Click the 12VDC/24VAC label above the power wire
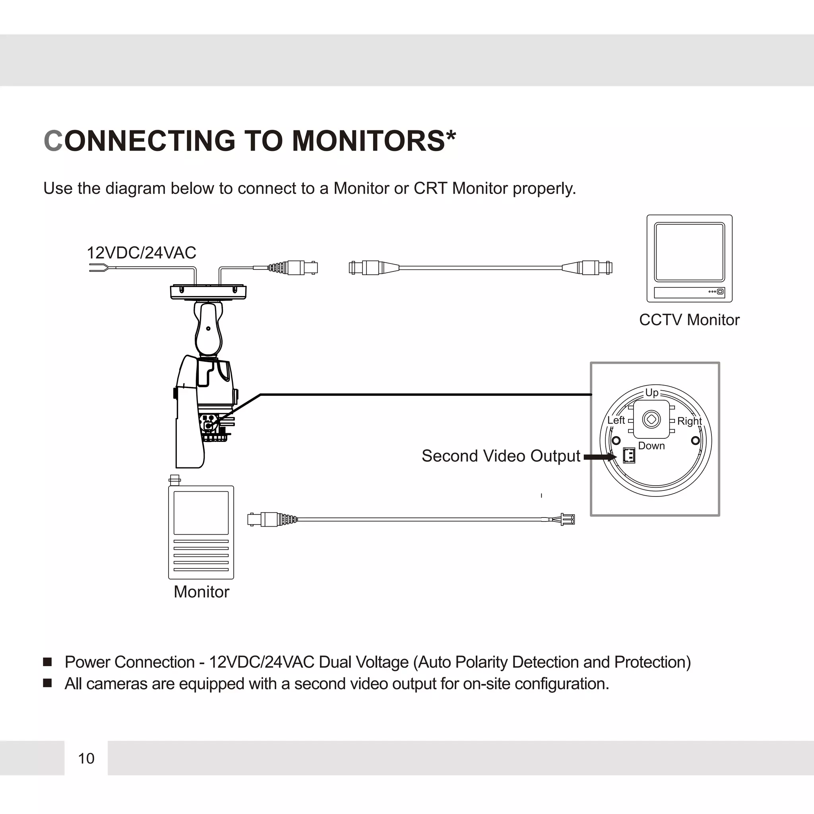141,253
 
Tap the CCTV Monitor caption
689,320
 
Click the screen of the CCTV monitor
689,252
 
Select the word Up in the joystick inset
651,393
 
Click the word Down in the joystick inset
651,446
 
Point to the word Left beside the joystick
616,420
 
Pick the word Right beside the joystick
689,421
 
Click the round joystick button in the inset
651,419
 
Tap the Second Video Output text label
500,456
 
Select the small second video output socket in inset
629,455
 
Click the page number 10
86,758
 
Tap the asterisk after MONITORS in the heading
451,136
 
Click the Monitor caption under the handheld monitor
202,592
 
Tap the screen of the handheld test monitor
201,513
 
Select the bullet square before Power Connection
48,662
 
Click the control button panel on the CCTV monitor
689,292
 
